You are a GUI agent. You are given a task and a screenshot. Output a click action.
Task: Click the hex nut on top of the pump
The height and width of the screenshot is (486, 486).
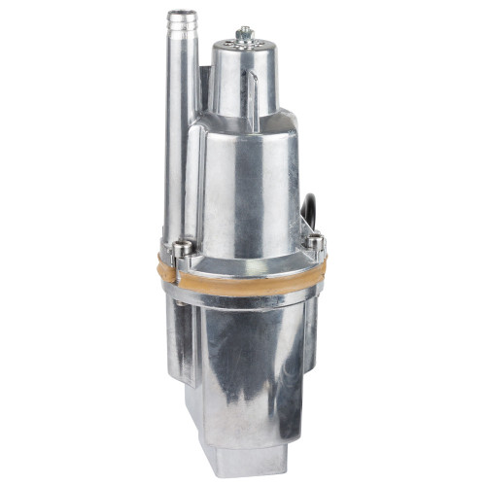pyautogui.click(x=244, y=33)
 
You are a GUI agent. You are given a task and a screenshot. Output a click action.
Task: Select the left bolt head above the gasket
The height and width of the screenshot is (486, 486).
pyautogui.click(x=183, y=248)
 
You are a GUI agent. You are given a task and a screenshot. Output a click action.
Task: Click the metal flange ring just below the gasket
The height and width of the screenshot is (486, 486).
pyautogui.click(x=243, y=290)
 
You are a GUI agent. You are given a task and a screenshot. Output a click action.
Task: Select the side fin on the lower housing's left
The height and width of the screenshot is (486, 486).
pyautogui.click(x=178, y=340)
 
